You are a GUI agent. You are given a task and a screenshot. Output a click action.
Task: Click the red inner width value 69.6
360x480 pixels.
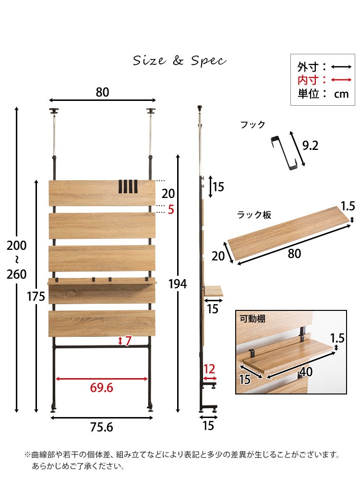tap(102, 388)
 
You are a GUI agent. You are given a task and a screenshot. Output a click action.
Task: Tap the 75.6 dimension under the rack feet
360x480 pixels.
tap(102, 427)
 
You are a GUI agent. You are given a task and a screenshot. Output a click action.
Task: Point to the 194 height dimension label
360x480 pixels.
tap(178, 284)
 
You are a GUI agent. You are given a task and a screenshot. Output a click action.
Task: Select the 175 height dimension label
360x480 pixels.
tap(36, 296)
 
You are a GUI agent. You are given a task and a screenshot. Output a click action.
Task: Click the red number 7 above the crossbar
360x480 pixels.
tap(128, 341)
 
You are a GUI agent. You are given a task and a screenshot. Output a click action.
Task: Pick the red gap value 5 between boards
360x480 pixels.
tap(171, 209)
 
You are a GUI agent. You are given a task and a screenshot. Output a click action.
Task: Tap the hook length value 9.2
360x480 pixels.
tap(310, 146)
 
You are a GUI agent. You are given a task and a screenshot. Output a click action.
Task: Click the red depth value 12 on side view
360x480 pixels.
tap(209, 369)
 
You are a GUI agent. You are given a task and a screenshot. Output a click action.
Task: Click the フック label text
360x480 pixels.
tap(252, 124)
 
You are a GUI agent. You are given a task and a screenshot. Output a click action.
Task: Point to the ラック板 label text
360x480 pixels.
tap(254, 215)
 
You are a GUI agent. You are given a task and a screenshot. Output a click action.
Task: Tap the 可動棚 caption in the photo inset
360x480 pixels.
tap(252, 319)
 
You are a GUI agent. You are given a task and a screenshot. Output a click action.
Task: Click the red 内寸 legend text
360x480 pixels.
tap(308, 80)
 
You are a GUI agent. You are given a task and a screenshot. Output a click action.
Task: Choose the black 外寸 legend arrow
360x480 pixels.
tap(341, 67)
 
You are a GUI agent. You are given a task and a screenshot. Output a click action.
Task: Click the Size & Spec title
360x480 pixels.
tap(180, 61)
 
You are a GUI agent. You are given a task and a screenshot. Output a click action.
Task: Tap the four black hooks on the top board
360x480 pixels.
tap(128, 187)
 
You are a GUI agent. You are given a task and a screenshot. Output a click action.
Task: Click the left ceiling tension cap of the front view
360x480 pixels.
tap(54, 111)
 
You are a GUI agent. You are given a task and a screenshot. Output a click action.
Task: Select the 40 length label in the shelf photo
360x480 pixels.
tap(306, 371)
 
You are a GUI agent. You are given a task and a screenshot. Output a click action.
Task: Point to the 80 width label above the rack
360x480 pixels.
tap(102, 92)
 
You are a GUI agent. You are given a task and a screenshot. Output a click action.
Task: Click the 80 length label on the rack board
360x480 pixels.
tap(294, 254)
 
